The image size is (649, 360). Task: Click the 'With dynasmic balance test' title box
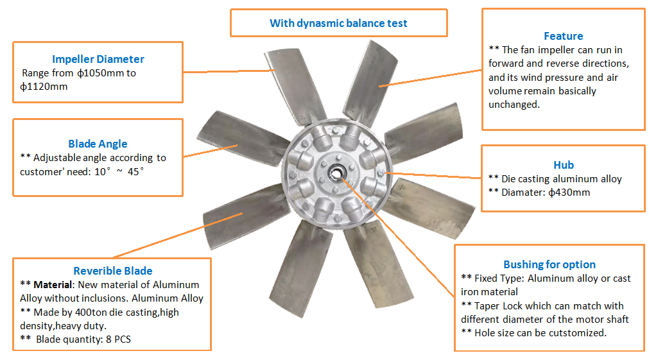[x=338, y=23]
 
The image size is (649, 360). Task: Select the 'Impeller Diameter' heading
[x=98, y=59]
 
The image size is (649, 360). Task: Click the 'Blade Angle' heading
[x=98, y=144]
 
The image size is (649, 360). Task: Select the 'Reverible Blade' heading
[x=113, y=270]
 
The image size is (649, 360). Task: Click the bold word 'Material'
[x=53, y=284]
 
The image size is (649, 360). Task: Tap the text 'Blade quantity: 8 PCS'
[x=83, y=339]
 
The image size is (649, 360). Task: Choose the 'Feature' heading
[x=563, y=36]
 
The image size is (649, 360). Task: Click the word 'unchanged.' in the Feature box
[x=514, y=105]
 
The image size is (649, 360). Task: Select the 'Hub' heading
[x=563, y=165]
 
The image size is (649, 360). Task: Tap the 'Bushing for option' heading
[x=549, y=264]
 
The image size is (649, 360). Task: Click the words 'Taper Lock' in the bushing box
[x=495, y=306]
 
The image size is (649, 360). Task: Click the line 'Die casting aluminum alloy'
[x=561, y=179]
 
